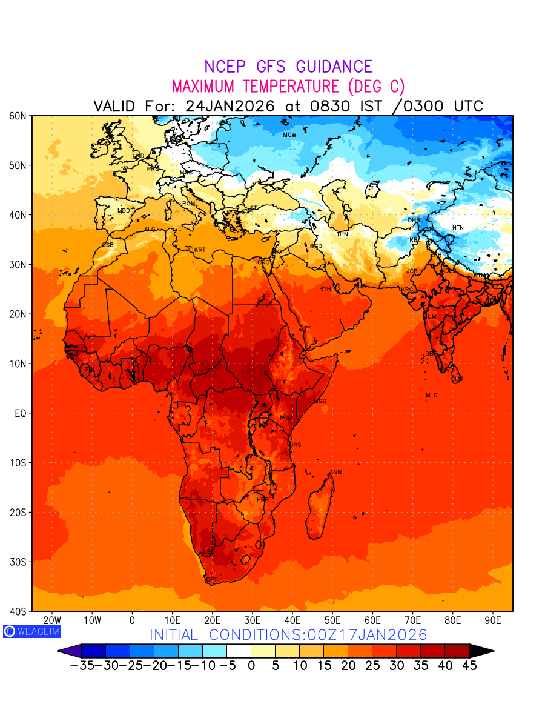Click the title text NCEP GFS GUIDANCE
(288, 67)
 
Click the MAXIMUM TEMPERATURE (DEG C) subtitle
(288, 86)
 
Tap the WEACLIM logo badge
(31, 631)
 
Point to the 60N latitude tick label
(18, 116)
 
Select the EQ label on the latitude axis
(19, 413)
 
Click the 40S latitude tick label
(18, 611)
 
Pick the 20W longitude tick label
(52, 620)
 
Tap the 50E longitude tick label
(332, 620)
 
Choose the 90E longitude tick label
(493, 620)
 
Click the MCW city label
(289, 134)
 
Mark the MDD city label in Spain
(124, 211)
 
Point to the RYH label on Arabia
(325, 289)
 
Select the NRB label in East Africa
(286, 417)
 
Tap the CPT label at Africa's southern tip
(212, 580)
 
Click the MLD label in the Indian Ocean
(431, 396)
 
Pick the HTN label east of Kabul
(458, 228)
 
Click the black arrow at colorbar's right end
(481, 651)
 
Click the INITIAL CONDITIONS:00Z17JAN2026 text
(288, 635)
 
